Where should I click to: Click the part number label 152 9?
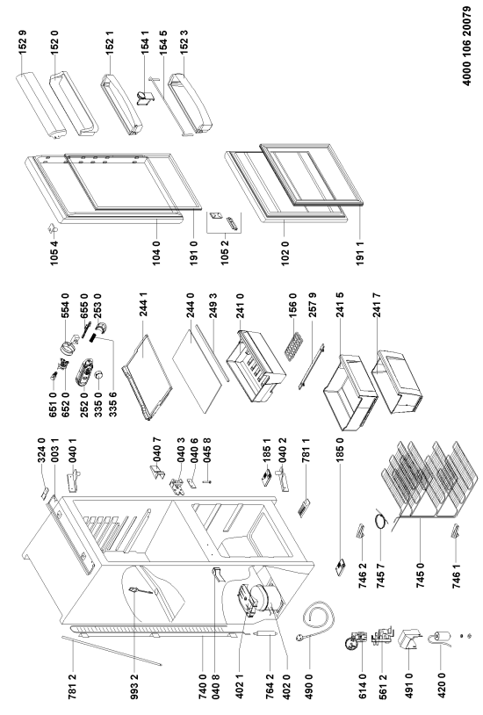[23, 42]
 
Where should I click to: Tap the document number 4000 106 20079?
[467, 46]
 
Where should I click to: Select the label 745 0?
[420, 575]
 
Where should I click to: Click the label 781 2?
[73, 685]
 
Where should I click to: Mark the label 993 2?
[134, 685]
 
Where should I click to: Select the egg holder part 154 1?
[146, 98]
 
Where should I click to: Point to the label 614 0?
[363, 685]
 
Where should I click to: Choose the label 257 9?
[312, 306]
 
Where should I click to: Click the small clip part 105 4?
[52, 227]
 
